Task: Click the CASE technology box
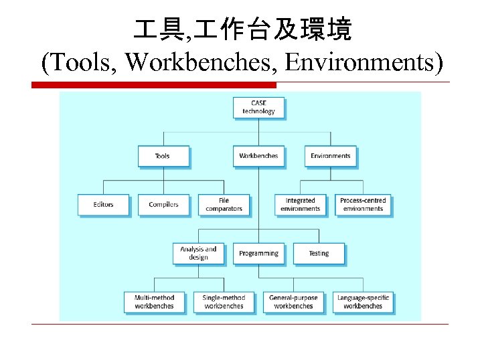(258, 107)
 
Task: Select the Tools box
(163, 156)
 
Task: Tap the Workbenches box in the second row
(258, 156)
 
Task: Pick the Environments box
(331, 156)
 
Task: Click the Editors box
(104, 205)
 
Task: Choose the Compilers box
(163, 205)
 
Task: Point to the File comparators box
(224, 205)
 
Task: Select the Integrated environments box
(300, 205)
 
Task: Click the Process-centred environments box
(363, 205)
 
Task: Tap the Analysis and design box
(198, 253)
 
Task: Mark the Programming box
(258, 254)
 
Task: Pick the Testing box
(319, 254)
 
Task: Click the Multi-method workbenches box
(154, 302)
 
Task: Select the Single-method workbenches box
(224, 302)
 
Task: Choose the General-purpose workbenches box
(293, 302)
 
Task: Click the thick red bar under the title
(154, 85)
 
